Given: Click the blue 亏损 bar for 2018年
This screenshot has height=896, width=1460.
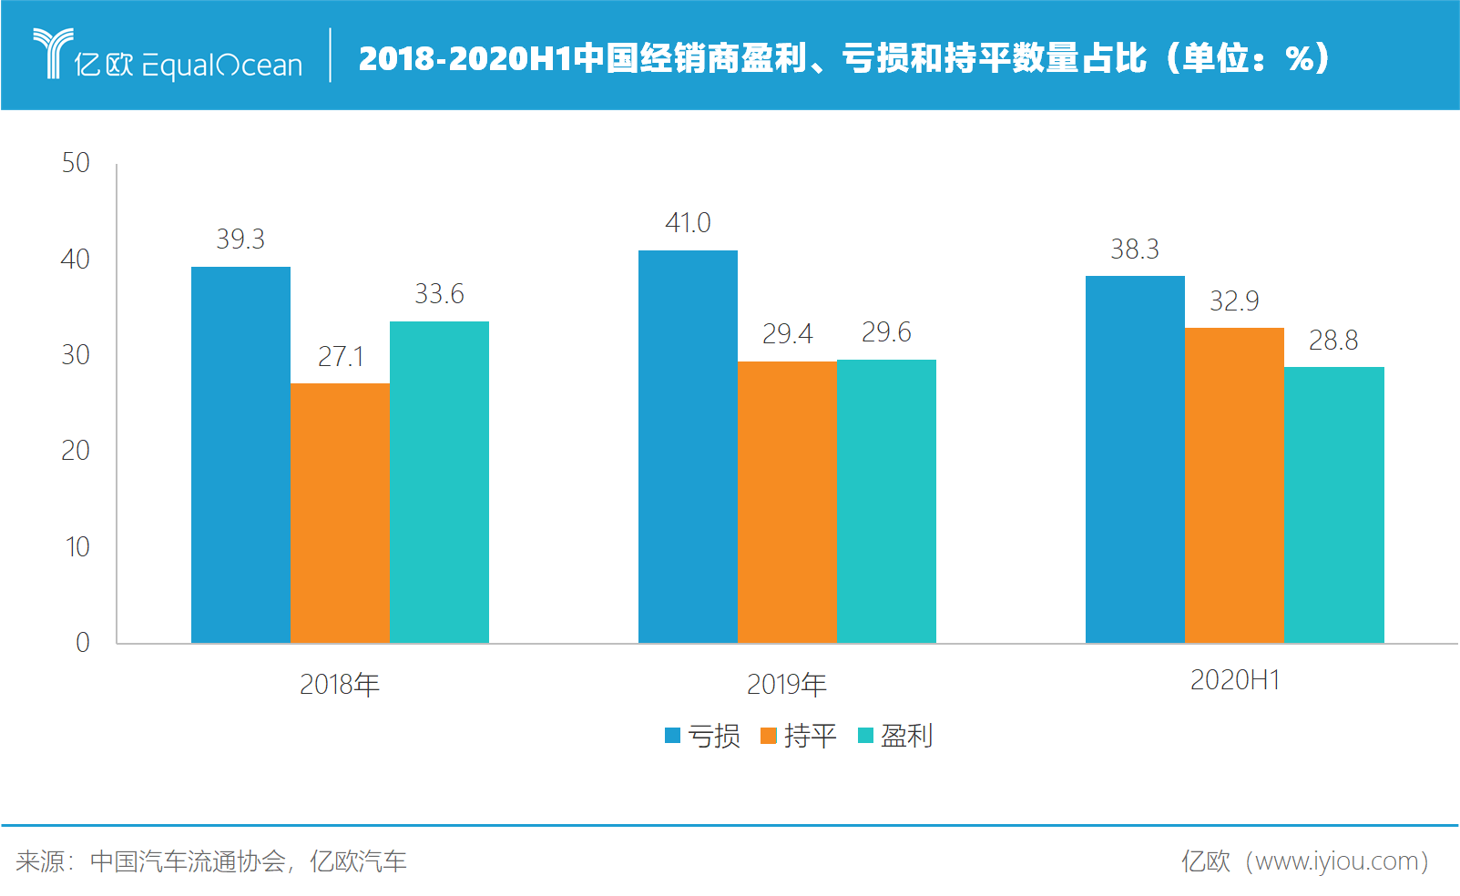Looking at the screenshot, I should click(x=240, y=454).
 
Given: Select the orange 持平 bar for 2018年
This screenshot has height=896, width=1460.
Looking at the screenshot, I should click(x=340, y=513).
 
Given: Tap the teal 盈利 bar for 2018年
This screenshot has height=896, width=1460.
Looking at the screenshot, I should click(x=439, y=482).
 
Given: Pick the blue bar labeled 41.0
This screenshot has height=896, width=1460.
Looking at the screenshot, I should click(x=688, y=446).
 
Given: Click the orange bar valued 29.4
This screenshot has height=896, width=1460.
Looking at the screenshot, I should click(x=787, y=502).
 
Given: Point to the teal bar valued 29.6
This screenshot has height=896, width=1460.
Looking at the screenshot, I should click(x=886, y=501).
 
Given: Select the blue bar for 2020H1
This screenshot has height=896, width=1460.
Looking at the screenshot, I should click(x=1135, y=459).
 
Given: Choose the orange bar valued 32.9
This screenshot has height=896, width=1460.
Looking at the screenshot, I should click(x=1234, y=484).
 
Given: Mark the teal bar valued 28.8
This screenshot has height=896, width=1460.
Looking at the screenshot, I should click(x=1333, y=504).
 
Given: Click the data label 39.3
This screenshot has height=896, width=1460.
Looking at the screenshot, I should click(x=240, y=239).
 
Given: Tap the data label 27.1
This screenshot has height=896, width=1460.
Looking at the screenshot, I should click(x=341, y=356).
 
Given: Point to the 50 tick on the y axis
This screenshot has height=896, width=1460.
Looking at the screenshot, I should click(x=76, y=163).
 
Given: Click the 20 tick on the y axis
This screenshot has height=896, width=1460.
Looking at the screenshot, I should click(x=76, y=451).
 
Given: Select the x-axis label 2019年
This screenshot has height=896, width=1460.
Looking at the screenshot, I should click(x=787, y=684).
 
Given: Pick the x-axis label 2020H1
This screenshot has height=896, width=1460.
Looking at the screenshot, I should click(x=1235, y=680).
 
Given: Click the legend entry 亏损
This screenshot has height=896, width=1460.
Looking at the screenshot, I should click(x=703, y=736).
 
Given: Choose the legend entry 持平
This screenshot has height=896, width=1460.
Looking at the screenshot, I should click(x=799, y=736).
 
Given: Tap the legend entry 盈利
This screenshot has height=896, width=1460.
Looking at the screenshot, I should click(x=895, y=736).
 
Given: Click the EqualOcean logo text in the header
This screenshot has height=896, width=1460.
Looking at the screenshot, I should click(x=221, y=65).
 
